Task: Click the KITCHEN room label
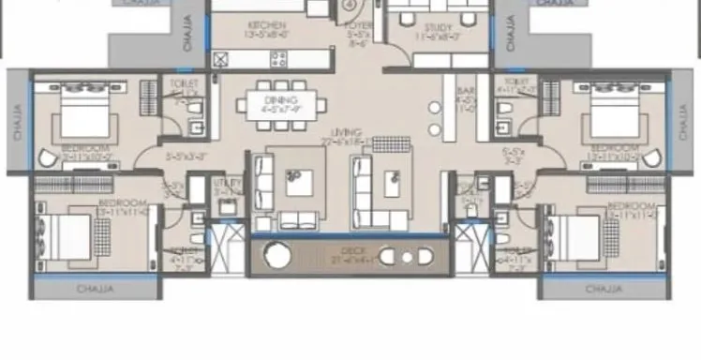tap(266, 25)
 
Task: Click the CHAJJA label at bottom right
tap(604, 290)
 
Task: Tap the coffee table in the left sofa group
tap(300, 180)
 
